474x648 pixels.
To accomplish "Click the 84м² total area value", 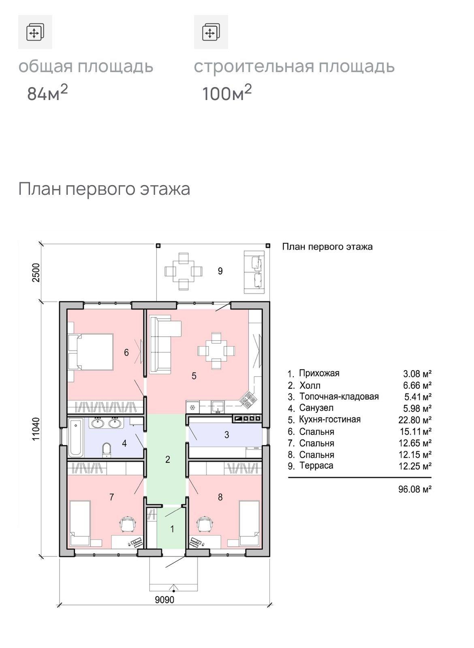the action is (x=47, y=93).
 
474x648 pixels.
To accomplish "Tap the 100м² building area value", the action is (x=226, y=93).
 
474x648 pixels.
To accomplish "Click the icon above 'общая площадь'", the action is (x=35, y=32).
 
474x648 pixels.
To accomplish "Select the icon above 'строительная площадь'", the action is (x=211, y=32).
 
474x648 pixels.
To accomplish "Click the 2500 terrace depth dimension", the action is (x=36, y=273).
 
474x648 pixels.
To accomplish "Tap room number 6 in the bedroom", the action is (x=126, y=352).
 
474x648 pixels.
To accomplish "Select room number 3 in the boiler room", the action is (x=226, y=435).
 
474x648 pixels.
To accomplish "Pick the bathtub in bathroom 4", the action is (x=76, y=437).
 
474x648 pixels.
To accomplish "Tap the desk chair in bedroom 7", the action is (x=127, y=524).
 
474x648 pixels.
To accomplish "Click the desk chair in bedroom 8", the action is (x=205, y=524).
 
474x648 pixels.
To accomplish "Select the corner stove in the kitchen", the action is (x=248, y=399).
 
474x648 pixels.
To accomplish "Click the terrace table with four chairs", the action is (x=184, y=271).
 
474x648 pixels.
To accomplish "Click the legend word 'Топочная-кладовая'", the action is (x=339, y=396).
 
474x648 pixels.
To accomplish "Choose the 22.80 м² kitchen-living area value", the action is (x=415, y=420).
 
